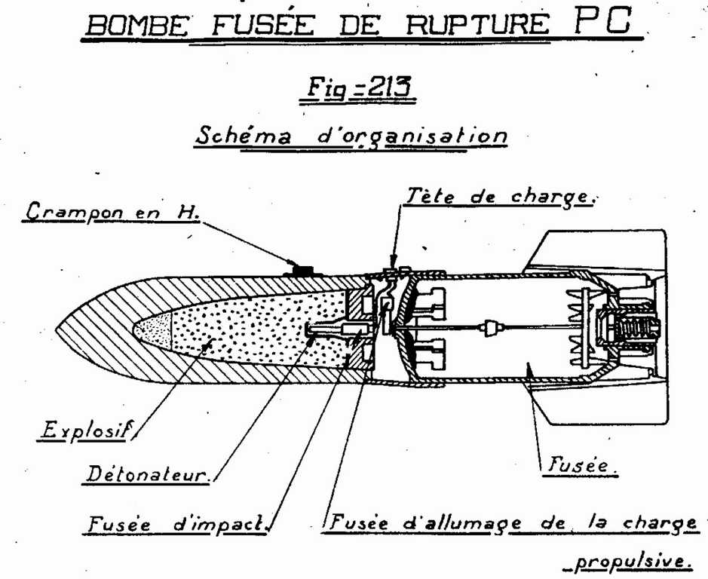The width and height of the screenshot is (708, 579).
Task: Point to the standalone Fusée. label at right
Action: [579, 466]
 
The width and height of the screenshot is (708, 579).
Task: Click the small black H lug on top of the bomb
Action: [304, 269]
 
